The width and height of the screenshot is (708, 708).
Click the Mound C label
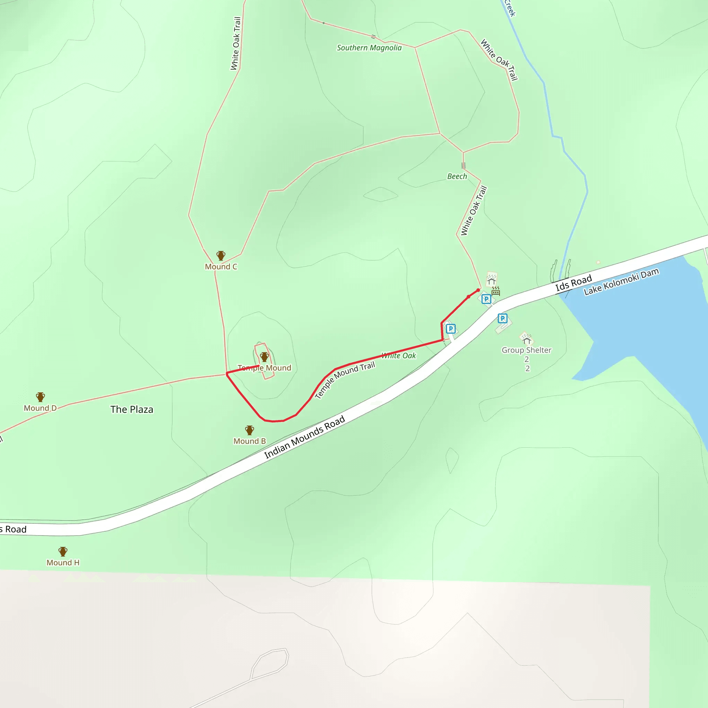(x=221, y=267)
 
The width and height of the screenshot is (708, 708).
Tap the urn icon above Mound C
(x=221, y=255)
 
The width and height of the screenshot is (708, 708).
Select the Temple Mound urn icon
(x=264, y=356)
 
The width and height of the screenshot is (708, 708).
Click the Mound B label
(x=250, y=441)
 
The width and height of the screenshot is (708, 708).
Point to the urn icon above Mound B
(x=250, y=430)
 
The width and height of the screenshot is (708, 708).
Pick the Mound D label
(x=40, y=408)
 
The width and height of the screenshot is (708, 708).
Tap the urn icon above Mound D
(x=40, y=397)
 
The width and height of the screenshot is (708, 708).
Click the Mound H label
(x=63, y=562)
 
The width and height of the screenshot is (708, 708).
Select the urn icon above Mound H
(x=63, y=551)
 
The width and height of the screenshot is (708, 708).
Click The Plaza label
(x=132, y=409)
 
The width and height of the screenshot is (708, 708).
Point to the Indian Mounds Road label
(x=305, y=437)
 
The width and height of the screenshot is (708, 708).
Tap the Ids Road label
(x=574, y=282)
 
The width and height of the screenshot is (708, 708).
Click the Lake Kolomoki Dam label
(x=621, y=281)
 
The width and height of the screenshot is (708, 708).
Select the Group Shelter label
(x=526, y=350)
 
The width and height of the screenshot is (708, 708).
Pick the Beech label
(x=457, y=176)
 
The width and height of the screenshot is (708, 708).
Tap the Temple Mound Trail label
(x=345, y=380)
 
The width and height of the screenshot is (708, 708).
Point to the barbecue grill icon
(x=496, y=291)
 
